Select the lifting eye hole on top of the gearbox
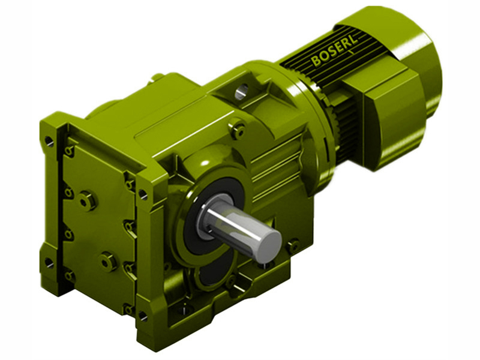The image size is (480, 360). [241, 91]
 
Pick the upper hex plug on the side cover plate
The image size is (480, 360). [88, 200]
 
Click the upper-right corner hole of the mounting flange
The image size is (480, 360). [143, 194]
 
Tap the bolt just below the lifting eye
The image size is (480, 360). [238, 129]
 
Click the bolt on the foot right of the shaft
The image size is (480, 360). [292, 245]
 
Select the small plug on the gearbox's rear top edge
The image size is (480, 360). [158, 77]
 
